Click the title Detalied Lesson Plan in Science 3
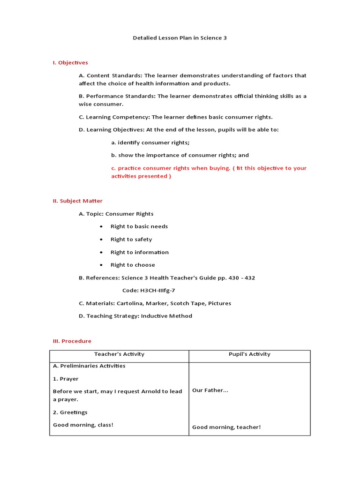pyautogui.click(x=180, y=37)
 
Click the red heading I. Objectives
pyautogui.click(x=70, y=62)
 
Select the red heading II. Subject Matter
pyautogui.click(x=77, y=201)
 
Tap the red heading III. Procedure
pyautogui.click(x=72, y=341)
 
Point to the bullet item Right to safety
pyautogui.click(x=131, y=239)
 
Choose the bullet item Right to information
pyautogui.click(x=139, y=252)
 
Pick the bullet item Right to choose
pyautogui.click(x=133, y=265)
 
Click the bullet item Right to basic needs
pyautogui.click(x=139, y=226)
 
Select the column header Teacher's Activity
pyautogui.click(x=119, y=354)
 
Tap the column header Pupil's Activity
pyautogui.click(x=249, y=354)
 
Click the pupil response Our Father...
pyautogui.click(x=210, y=390)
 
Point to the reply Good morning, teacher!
pyautogui.click(x=226, y=427)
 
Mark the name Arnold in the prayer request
pyautogui.click(x=151, y=391)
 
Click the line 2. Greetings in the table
pyautogui.click(x=70, y=412)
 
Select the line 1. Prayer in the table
pyautogui.click(x=66, y=379)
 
